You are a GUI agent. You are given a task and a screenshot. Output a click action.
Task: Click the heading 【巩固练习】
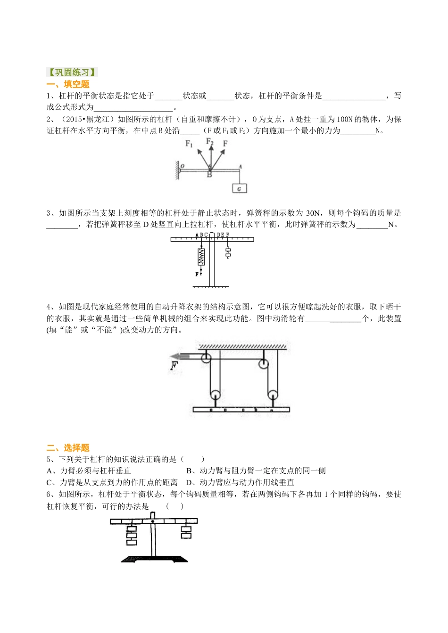click(x=72, y=72)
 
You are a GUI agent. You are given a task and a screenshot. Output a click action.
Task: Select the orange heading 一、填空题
click(x=68, y=84)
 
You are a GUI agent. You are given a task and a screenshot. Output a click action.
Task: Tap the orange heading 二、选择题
click(x=68, y=448)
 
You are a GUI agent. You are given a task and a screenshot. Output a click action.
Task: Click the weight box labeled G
click(x=239, y=188)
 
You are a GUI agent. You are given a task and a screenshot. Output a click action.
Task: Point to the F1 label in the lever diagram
click(x=190, y=144)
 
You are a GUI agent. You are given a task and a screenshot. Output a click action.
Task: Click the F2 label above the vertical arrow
click(x=210, y=141)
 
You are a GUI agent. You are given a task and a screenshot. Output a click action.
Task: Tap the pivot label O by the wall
click(x=183, y=166)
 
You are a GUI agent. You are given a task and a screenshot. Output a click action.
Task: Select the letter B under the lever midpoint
click(x=209, y=175)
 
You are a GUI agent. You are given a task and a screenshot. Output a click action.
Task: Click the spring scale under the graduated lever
click(x=201, y=257)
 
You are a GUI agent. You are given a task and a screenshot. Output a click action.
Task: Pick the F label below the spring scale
click(x=197, y=274)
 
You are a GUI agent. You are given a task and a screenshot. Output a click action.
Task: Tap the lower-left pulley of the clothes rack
click(x=215, y=394)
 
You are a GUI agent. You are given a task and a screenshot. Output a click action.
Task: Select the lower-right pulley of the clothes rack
click(x=273, y=394)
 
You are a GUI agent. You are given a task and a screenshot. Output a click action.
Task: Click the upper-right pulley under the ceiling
click(x=263, y=364)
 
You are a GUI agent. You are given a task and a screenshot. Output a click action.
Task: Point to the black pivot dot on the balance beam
click(x=153, y=521)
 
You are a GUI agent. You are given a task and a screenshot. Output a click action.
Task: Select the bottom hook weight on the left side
click(x=132, y=542)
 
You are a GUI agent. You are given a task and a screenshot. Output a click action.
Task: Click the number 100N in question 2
click(x=345, y=119)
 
